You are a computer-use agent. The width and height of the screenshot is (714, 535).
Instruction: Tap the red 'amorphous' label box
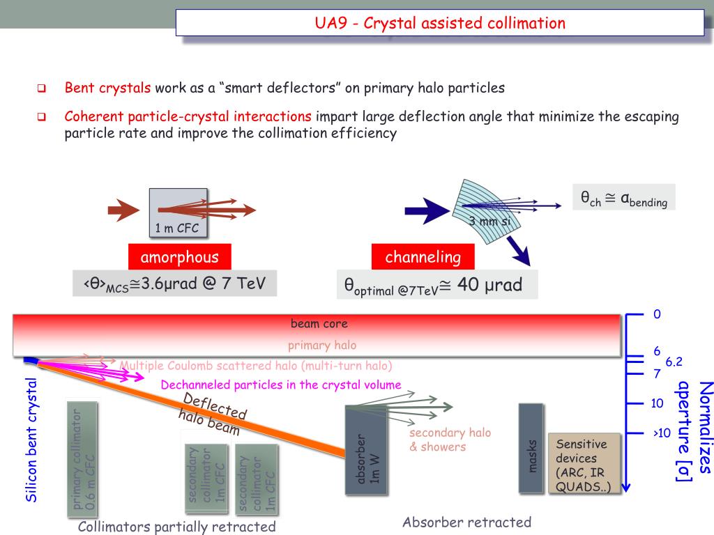179,257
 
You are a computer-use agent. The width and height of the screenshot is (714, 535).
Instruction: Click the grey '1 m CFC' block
178,212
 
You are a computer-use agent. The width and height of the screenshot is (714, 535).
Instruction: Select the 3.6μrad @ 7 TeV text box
174,284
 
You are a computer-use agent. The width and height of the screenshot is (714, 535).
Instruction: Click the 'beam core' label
319,323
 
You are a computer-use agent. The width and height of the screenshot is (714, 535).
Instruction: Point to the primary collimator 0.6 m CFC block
82,459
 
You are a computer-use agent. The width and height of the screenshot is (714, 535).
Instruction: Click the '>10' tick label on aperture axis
661,433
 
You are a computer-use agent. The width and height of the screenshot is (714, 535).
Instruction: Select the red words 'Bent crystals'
107,88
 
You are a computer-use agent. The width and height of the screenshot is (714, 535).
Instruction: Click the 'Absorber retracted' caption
466,522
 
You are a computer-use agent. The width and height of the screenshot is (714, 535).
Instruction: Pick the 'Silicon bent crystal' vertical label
30,440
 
